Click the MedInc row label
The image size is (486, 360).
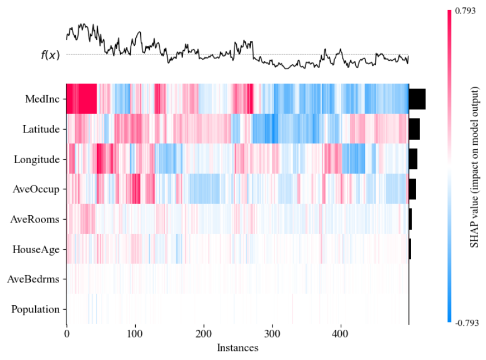point(42,99)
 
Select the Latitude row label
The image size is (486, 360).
point(41,129)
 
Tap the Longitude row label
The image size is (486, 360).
point(37,159)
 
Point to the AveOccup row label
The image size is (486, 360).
point(37,190)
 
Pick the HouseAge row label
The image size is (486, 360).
point(36,249)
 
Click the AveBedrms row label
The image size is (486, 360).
point(35,280)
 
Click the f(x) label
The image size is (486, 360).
point(50,55)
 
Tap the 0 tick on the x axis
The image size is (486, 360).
point(66,334)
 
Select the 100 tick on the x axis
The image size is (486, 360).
point(135,334)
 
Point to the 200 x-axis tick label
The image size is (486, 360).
point(204,334)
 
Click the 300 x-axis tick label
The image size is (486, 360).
point(273,334)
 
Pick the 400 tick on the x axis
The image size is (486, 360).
point(341,334)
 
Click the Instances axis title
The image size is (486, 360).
point(237,348)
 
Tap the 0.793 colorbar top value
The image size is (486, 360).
point(465,11)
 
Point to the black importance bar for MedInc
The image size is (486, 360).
point(417,99)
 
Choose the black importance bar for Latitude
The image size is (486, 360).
point(414,129)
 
